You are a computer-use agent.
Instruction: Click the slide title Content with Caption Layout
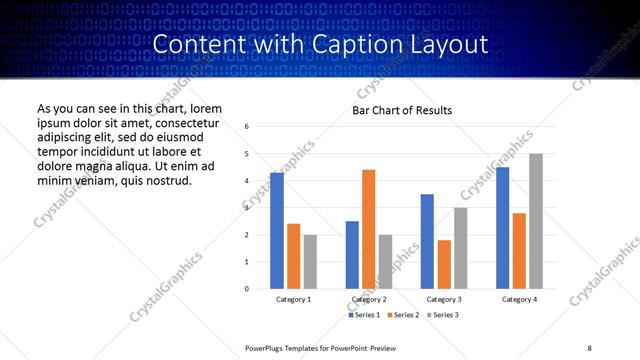[320, 44]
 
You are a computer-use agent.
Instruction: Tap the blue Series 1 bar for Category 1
[277, 230]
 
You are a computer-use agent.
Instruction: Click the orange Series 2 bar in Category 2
[369, 229]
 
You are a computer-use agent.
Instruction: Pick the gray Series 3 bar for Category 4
[536, 221]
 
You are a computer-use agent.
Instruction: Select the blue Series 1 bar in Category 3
[427, 241]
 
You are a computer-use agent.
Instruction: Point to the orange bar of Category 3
[444, 264]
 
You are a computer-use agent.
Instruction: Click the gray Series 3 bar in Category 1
[310, 261]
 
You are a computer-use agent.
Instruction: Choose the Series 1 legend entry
[363, 315]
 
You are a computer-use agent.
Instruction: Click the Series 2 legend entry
[403, 315]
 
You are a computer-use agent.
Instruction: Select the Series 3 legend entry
[443, 315]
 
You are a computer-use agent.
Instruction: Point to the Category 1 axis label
[294, 299]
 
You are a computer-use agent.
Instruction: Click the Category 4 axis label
[519, 299]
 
